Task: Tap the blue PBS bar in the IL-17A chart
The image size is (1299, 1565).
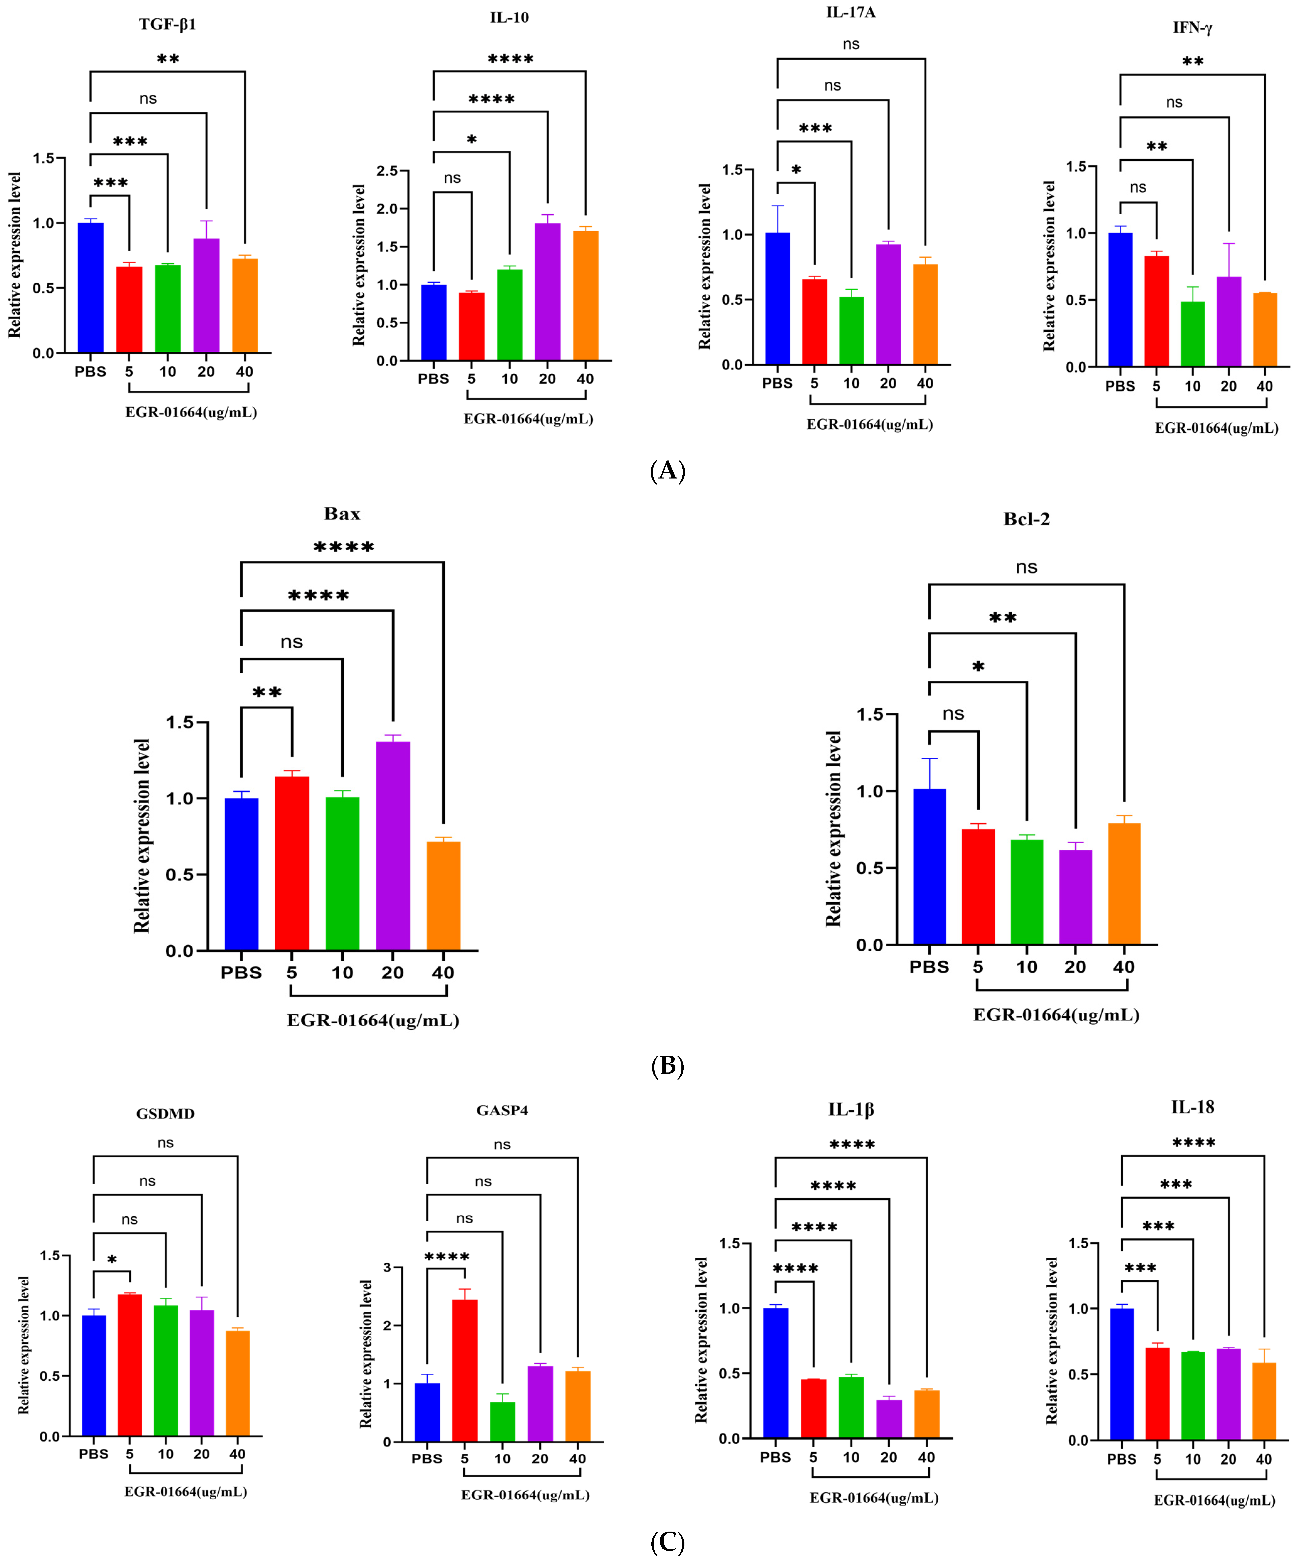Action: click(x=777, y=298)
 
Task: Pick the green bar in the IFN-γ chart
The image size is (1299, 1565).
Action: click(x=1193, y=334)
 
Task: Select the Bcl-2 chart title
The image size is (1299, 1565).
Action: click(x=1026, y=519)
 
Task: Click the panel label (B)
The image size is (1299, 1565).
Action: click(x=667, y=1066)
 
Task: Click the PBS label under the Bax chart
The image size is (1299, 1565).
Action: click(x=241, y=972)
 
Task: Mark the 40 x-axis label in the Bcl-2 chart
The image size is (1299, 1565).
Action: click(x=1123, y=967)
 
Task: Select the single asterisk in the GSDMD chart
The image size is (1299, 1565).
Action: click(x=112, y=1259)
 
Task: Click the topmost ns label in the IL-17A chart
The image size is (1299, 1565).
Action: click(x=851, y=45)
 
